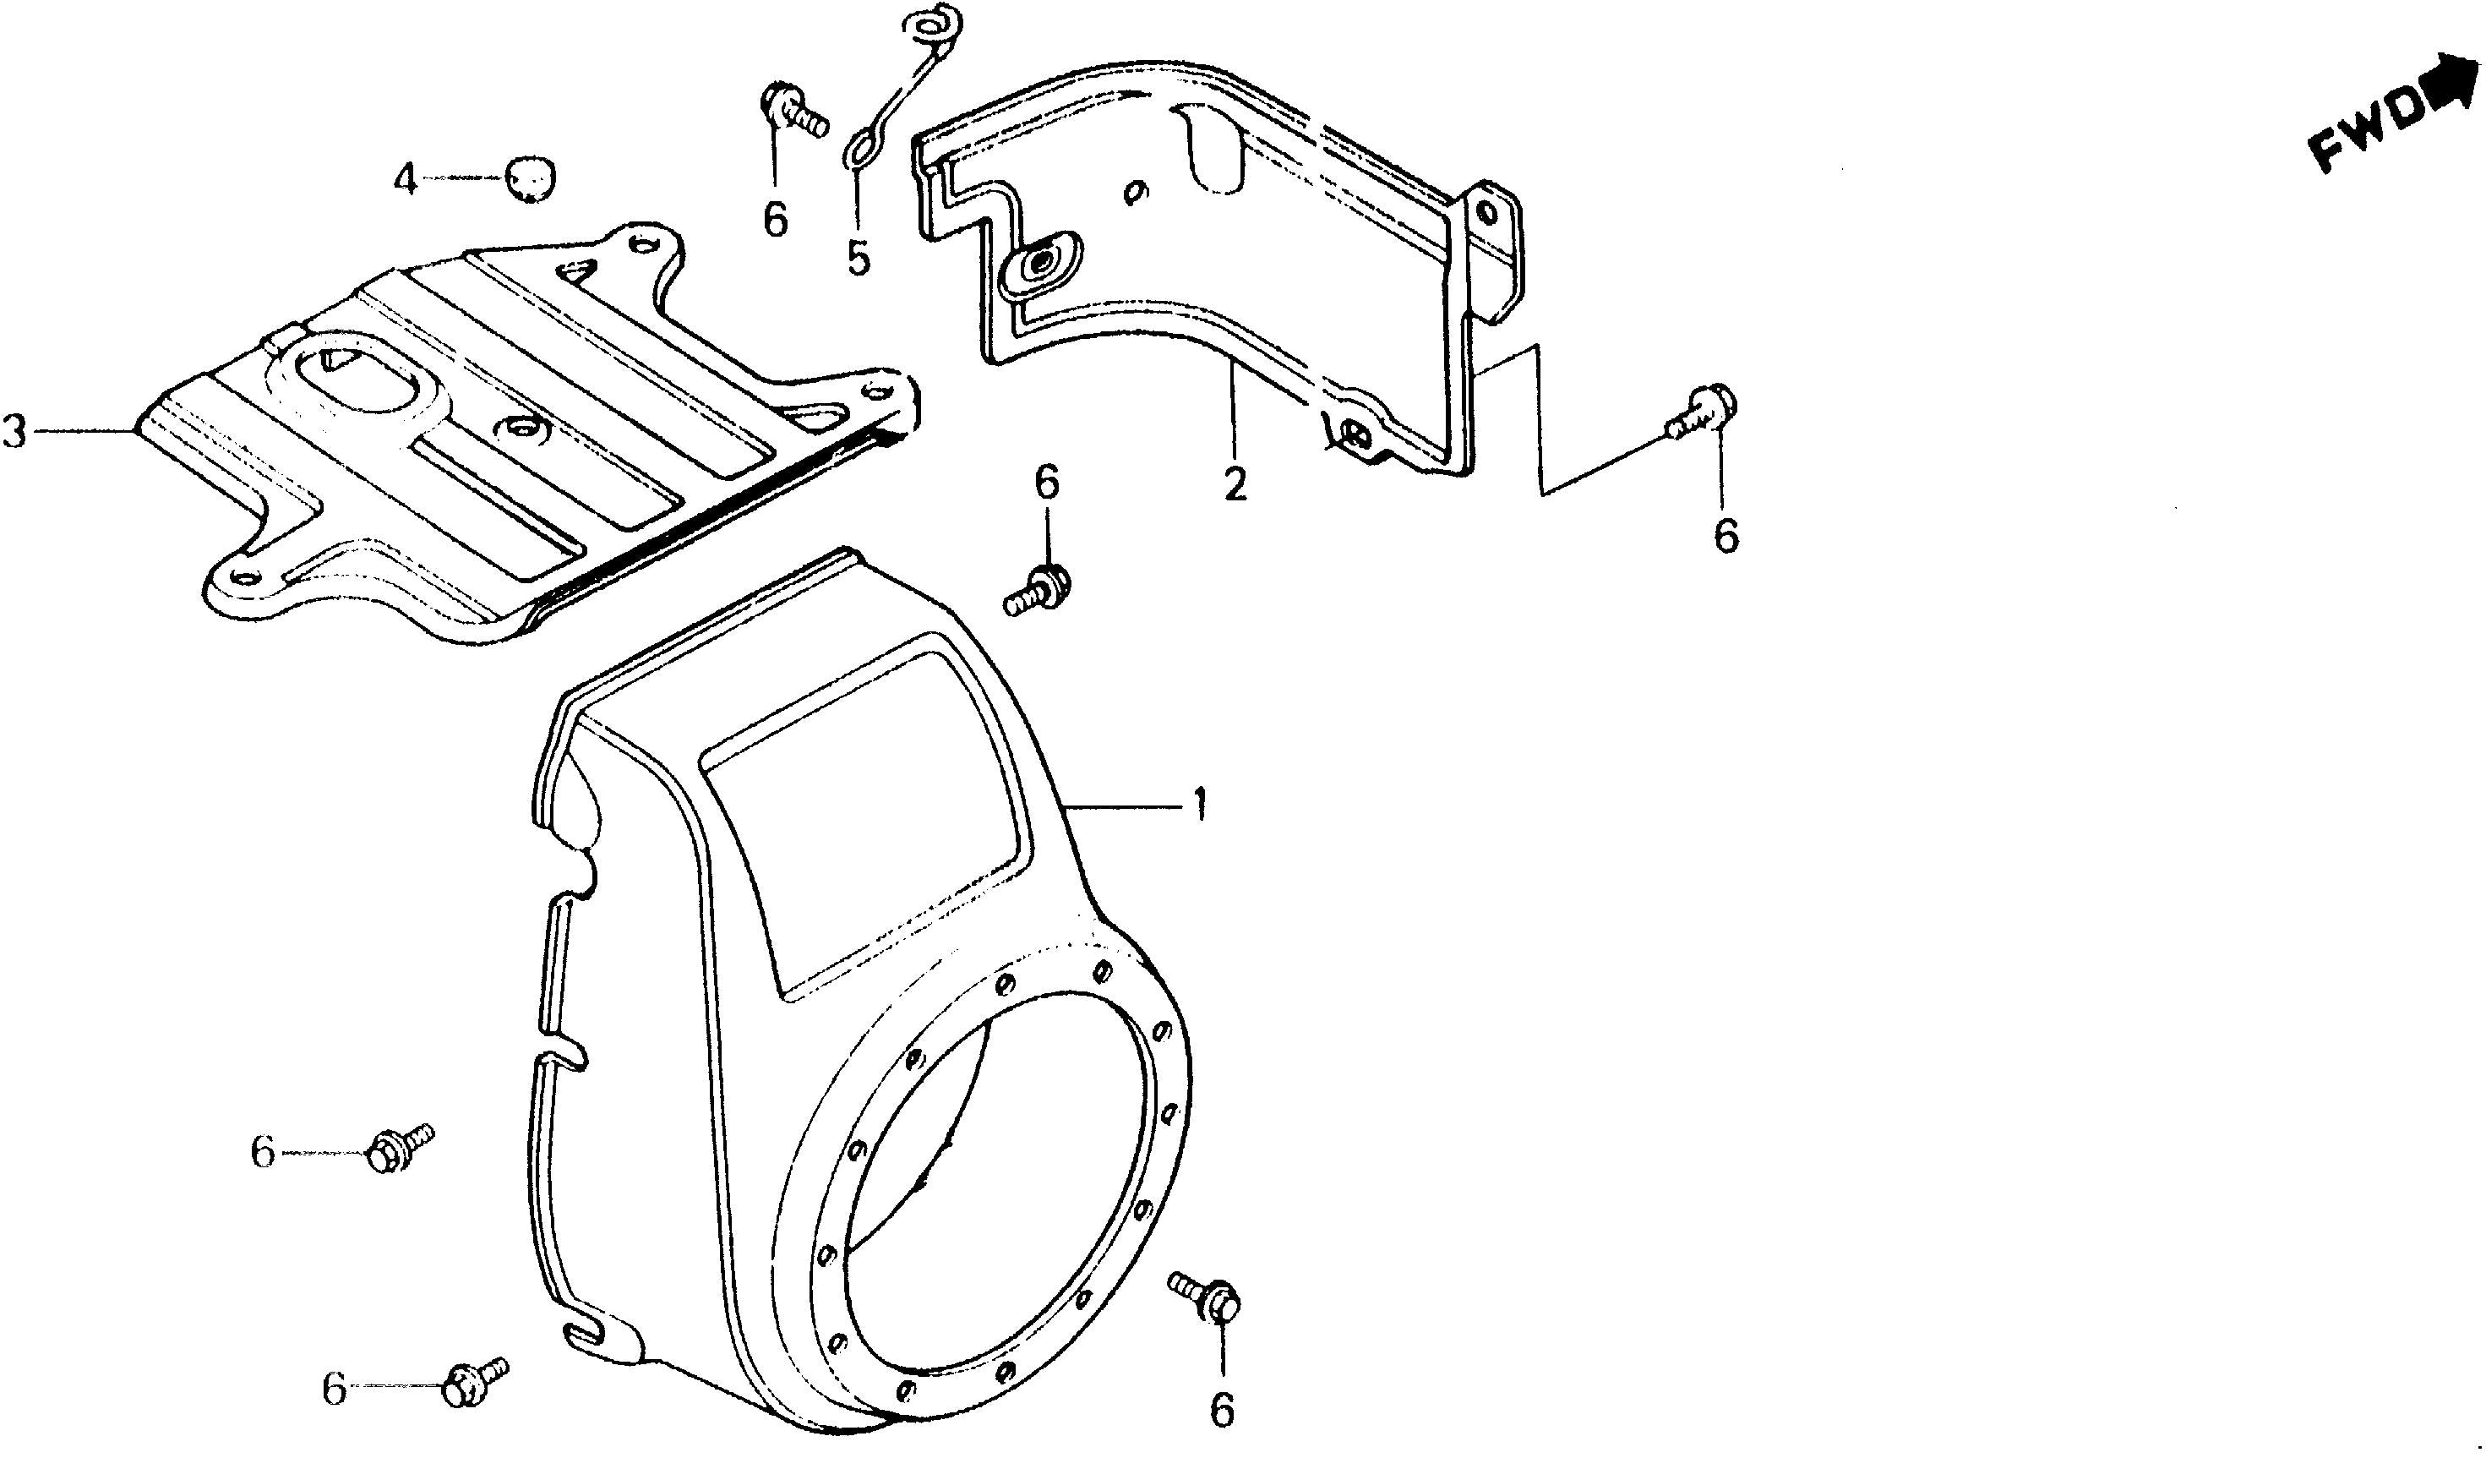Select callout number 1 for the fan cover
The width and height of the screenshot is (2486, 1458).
pos(1198,806)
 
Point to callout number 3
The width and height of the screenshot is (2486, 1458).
pos(15,430)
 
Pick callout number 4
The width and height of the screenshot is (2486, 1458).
pos(406,178)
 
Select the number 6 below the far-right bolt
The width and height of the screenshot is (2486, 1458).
pos(1725,536)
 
